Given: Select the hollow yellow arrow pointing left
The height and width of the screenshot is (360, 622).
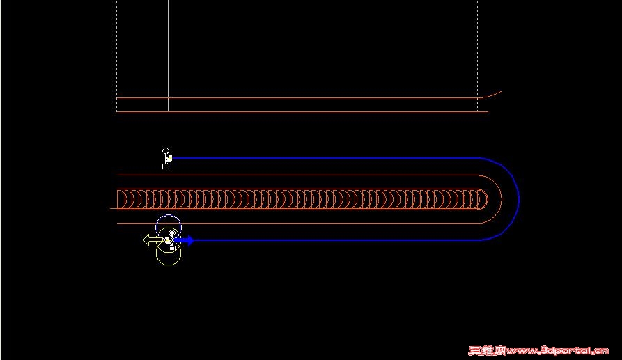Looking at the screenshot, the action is pyautogui.click(x=153, y=240).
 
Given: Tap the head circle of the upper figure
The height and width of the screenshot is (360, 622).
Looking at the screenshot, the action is pyautogui.click(x=166, y=150).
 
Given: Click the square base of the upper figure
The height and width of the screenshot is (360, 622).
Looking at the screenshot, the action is pyautogui.click(x=166, y=166).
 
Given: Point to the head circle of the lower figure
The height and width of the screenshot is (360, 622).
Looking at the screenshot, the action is pyautogui.click(x=172, y=233).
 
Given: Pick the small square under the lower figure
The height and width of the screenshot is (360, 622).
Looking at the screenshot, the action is pyautogui.click(x=172, y=248).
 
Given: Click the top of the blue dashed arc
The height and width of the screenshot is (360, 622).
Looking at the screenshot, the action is pyautogui.click(x=169, y=215).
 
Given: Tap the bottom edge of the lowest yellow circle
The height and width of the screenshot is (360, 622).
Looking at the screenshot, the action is pyautogui.click(x=169, y=265).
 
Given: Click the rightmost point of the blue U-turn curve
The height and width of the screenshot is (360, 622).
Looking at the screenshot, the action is pyautogui.click(x=519, y=199).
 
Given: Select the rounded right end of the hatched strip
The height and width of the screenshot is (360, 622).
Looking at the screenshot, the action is pyautogui.click(x=487, y=199).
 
